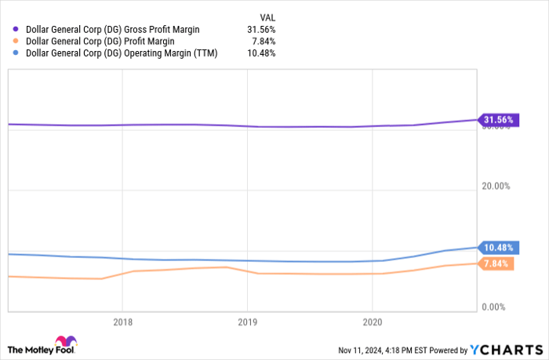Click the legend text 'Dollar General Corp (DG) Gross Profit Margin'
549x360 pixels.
tap(113, 29)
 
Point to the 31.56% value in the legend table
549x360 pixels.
tap(260, 29)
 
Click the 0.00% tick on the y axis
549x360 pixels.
tap(497, 307)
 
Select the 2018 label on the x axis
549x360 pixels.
tap(122, 322)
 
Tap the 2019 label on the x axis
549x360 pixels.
tap(247, 322)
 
